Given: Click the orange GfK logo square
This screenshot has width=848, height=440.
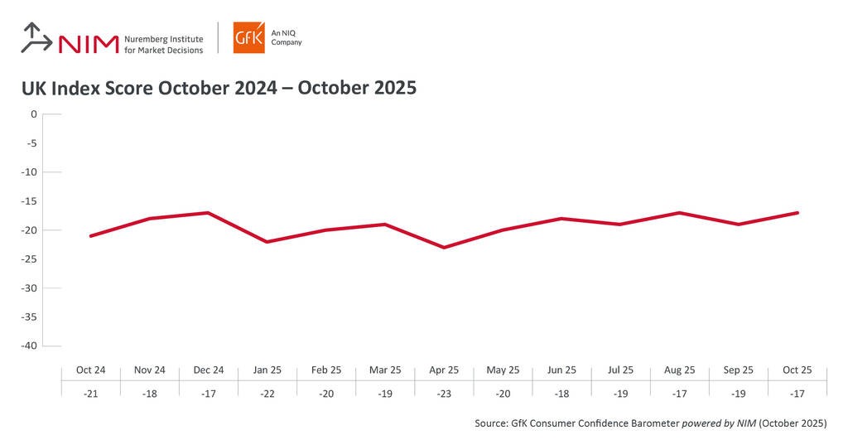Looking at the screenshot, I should [x=248, y=38].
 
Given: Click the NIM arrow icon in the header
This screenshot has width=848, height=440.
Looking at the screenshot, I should [x=36, y=38].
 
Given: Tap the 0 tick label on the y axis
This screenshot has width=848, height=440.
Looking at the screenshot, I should [x=34, y=114].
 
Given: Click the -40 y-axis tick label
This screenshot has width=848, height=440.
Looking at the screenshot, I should [x=29, y=346].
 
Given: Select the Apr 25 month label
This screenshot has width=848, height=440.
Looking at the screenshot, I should [x=444, y=370].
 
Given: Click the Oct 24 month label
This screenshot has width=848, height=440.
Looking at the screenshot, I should [x=90, y=370].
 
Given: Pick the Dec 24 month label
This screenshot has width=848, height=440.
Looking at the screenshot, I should [x=208, y=370].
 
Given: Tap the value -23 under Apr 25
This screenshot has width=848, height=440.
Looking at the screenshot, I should [x=444, y=394].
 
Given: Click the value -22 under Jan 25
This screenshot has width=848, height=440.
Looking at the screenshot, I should [x=267, y=394].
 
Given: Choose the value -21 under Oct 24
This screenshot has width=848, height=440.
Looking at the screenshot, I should [x=90, y=394].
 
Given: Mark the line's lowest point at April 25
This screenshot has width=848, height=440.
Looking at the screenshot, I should [x=444, y=247].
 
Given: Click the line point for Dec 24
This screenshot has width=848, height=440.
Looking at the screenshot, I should [x=208, y=213].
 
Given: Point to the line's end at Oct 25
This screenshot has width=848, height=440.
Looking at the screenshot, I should [x=797, y=213].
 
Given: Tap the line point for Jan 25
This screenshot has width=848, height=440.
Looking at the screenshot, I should [x=267, y=242].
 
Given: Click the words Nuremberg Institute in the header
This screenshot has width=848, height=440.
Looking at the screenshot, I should [x=163, y=38].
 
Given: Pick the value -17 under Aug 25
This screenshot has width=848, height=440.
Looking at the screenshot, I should [x=680, y=394].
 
